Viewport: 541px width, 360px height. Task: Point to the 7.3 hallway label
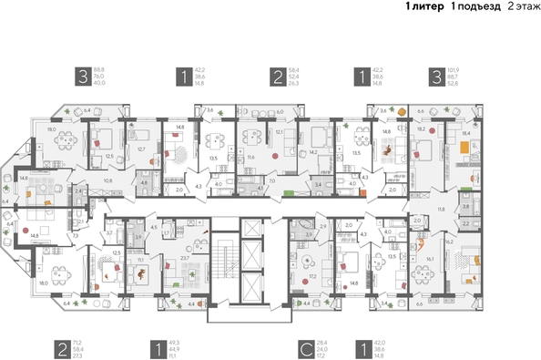coord(77,235)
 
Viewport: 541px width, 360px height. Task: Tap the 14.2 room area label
coord(313,152)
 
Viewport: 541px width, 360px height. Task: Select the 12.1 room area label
coord(280,133)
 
